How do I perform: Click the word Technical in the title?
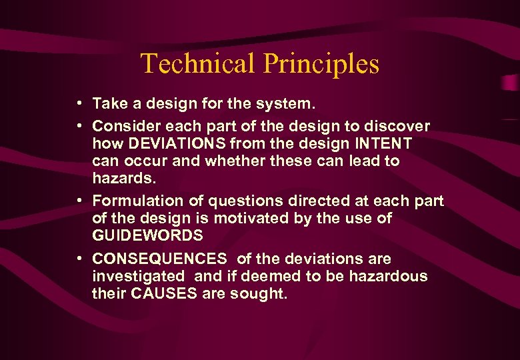click(x=198, y=63)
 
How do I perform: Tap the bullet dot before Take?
click(x=79, y=103)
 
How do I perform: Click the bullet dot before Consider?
click(x=79, y=125)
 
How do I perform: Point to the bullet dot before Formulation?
click(x=79, y=200)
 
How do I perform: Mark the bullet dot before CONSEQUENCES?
click(x=79, y=258)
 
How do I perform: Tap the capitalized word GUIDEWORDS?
click(x=147, y=235)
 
